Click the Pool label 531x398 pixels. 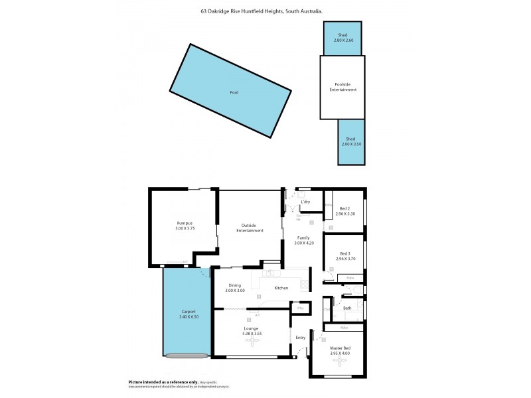[x=234, y=92]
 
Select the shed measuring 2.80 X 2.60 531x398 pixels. [x=343, y=38]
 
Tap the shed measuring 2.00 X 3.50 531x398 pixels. [x=350, y=141]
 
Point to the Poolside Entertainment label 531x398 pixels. [x=343, y=86]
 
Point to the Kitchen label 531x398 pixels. [x=281, y=288]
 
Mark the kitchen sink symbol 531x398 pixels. [x=271, y=273]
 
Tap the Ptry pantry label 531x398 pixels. [x=300, y=308]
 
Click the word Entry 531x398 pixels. [x=301, y=337]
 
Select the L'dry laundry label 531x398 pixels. [x=306, y=202]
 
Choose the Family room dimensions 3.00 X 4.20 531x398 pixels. [x=304, y=243]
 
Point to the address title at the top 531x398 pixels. [x=262, y=11]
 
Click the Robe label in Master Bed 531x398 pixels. [x=344, y=327]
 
